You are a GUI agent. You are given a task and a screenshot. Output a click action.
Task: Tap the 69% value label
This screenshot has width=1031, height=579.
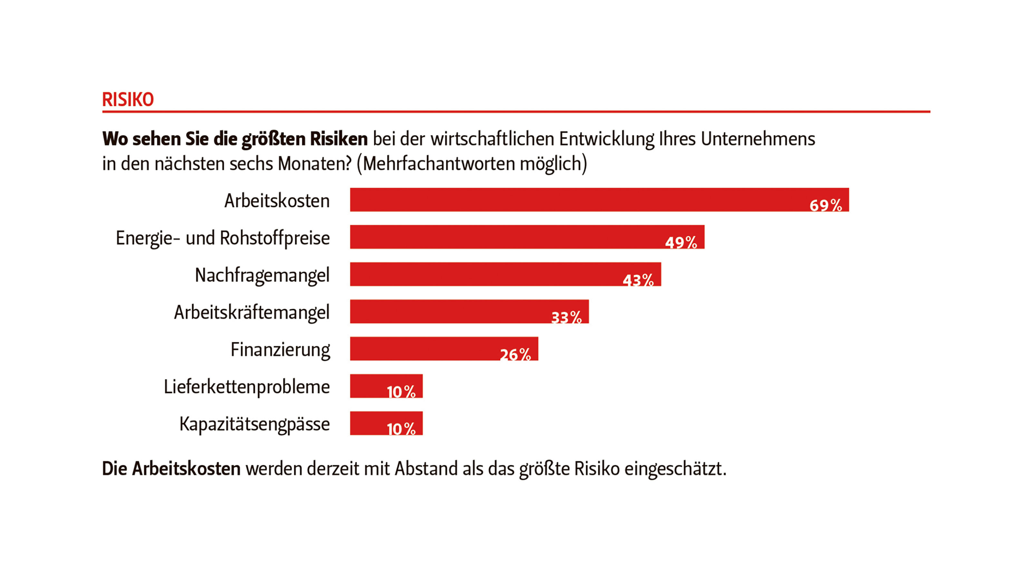pos(825,205)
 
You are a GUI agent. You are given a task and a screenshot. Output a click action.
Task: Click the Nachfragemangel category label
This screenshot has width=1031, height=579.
pos(262,275)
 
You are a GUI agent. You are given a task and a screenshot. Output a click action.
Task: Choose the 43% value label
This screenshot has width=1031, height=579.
pos(638,280)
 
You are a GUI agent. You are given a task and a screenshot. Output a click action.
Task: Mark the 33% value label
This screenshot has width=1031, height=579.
pos(566,317)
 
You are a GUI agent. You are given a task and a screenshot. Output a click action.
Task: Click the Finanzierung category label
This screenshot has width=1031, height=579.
pos(280,349)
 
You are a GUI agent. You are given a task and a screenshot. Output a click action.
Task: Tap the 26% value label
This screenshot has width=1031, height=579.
pos(515,354)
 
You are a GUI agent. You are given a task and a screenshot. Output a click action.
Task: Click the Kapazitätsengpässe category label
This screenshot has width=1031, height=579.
pos(255,424)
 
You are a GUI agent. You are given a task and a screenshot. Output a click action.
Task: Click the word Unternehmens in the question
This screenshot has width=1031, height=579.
pos(758,139)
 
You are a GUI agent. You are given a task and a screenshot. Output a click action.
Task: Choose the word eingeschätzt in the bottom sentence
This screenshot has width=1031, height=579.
pos(675,468)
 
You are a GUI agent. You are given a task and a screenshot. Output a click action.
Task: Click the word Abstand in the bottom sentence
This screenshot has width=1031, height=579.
pos(426,468)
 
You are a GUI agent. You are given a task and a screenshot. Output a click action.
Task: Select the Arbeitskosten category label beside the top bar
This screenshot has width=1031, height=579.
pos(277,201)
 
